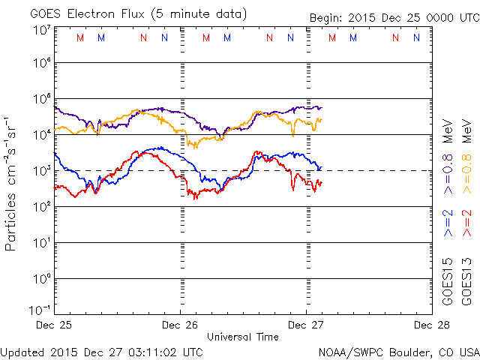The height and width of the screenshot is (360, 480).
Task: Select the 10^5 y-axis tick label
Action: [x=40, y=99]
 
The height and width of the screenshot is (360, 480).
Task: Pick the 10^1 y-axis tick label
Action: [x=40, y=242]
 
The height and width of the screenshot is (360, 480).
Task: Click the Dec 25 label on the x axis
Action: [x=55, y=325]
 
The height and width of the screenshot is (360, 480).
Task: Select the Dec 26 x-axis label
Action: [x=180, y=325]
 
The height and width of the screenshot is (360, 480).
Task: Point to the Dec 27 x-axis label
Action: [x=305, y=325]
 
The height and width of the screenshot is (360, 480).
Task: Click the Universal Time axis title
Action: [x=242, y=337]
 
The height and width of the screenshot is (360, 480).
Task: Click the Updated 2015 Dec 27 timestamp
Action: [x=101, y=351]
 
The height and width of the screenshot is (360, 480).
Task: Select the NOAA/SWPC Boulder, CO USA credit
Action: [x=398, y=351]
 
